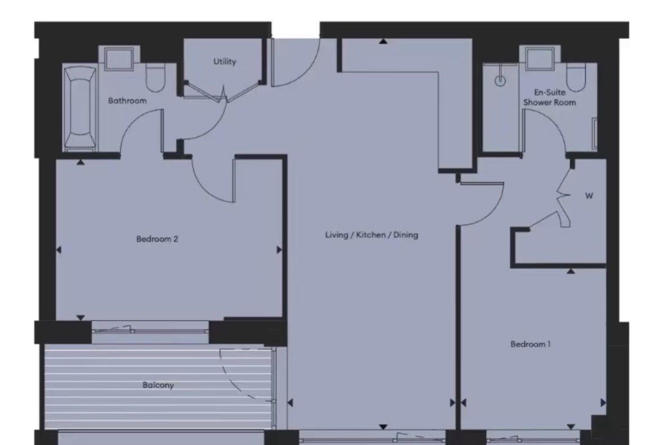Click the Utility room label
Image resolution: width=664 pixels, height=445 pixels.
[x=224, y=61]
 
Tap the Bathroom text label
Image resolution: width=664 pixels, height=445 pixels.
[x=127, y=101]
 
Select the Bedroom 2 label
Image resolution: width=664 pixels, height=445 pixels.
[x=157, y=239]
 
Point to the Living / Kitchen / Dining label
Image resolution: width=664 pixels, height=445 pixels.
[x=371, y=234]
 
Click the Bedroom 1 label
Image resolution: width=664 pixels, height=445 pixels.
[x=530, y=344]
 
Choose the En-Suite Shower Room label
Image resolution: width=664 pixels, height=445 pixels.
[x=550, y=97]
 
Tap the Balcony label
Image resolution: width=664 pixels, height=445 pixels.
[x=158, y=385]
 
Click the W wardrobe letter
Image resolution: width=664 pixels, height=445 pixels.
[x=589, y=196]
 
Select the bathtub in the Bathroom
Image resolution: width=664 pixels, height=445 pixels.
[x=79, y=109]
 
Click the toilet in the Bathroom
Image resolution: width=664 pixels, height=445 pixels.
[x=154, y=78]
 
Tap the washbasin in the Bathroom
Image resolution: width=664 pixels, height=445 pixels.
[x=118, y=59]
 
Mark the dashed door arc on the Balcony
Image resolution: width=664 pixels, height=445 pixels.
[x=237, y=372]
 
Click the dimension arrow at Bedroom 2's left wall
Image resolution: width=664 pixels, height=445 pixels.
[x=59, y=250]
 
